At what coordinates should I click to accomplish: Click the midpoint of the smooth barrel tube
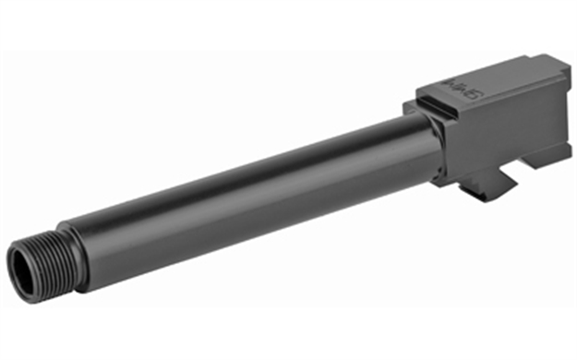pyautogui.click(x=249, y=198)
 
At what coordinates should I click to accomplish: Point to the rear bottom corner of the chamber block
pyautogui.click(x=563, y=148)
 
